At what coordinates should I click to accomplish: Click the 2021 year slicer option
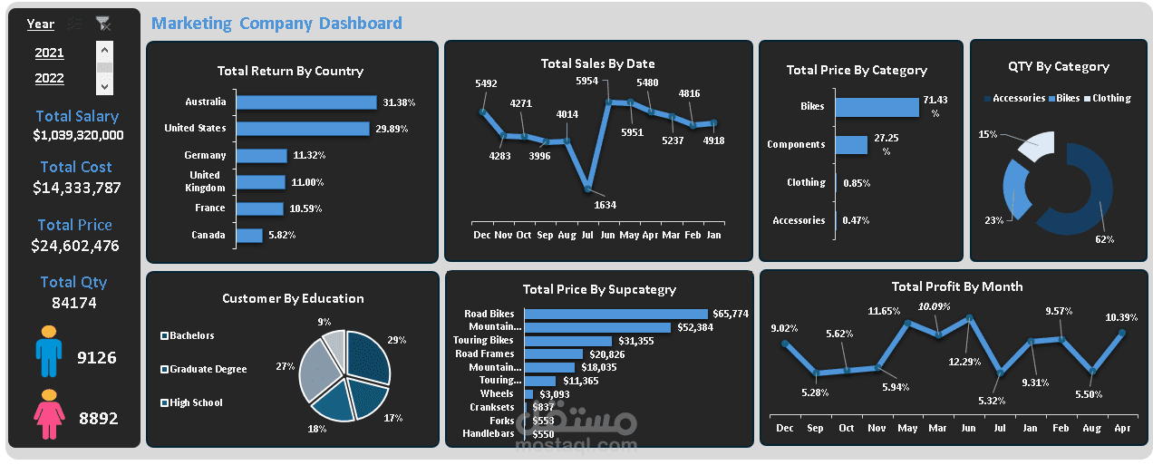tap(49, 53)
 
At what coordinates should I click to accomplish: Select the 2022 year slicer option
tap(49, 78)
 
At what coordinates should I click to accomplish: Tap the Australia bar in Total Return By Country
tap(305, 102)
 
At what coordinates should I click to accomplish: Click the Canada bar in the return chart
tap(249, 236)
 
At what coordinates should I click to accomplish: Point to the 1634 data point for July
tap(588, 189)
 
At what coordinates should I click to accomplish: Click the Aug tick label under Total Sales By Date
tap(567, 235)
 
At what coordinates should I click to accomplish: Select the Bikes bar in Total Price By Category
tap(876, 106)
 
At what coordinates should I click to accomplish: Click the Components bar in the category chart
tap(851, 144)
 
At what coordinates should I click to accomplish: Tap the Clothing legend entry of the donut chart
tap(1111, 98)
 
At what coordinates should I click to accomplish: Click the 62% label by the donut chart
tap(1103, 239)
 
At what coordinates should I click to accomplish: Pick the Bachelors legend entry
tap(191, 335)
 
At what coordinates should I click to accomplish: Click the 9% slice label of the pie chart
tap(324, 322)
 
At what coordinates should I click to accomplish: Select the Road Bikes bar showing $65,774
tap(615, 314)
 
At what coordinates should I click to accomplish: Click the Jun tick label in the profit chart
tap(969, 428)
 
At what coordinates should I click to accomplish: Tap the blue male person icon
tap(49, 353)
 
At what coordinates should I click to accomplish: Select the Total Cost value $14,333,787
tap(76, 188)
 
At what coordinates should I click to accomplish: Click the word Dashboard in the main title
tap(360, 24)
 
